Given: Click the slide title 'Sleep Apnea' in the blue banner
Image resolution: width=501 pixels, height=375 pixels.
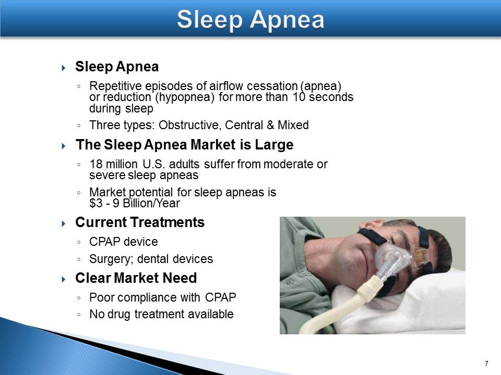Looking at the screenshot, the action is coord(250,20).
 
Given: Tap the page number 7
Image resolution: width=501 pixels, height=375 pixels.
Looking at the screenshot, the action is coord(486,364).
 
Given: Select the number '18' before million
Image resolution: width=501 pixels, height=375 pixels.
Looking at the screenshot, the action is coord(96,164).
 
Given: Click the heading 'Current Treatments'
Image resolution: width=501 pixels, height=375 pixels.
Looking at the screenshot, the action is coord(140,222).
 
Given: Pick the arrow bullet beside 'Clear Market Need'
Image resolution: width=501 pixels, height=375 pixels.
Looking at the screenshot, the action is coord(63,280).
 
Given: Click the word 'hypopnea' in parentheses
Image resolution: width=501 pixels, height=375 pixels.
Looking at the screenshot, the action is coord(184,97).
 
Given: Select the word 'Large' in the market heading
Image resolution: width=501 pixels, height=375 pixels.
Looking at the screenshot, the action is coord(274,145).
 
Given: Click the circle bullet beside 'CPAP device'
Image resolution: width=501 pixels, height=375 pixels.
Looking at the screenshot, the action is coord(79,242).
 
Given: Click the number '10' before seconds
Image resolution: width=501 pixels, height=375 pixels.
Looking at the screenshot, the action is coord(299,97).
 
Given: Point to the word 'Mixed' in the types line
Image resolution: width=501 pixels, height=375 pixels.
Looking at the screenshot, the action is coord(293,125).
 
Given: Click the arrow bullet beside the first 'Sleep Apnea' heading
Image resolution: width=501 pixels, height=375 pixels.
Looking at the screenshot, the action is coord(63,68).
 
